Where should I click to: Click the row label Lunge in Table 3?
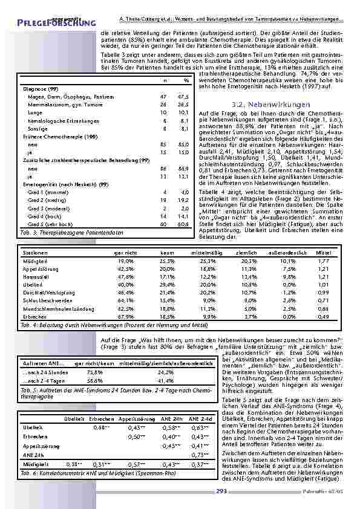pyautogui.click(x=35, y=112)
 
